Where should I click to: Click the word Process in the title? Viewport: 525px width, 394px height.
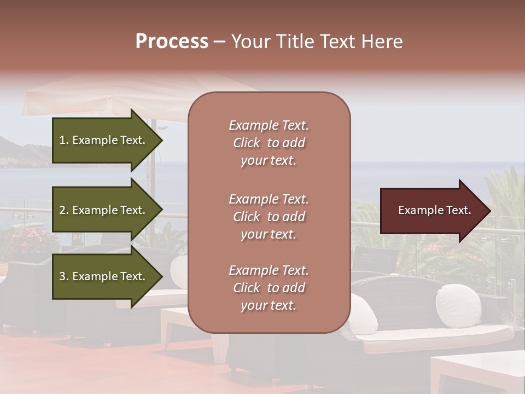coord(172,42)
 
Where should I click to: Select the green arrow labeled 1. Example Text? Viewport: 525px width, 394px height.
coord(104,140)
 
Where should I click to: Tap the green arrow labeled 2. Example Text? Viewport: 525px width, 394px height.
coord(104,210)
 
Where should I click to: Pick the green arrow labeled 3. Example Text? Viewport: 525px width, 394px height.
coord(104,276)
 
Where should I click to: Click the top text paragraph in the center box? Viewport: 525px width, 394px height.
coord(269,143)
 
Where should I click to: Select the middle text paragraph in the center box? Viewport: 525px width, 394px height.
coord(269,217)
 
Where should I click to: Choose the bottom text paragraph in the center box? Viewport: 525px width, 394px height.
coord(269,288)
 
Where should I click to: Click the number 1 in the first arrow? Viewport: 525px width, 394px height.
coord(62,140)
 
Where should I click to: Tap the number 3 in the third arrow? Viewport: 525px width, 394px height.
coord(62,276)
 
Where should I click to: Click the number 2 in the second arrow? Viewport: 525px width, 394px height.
coord(62,210)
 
